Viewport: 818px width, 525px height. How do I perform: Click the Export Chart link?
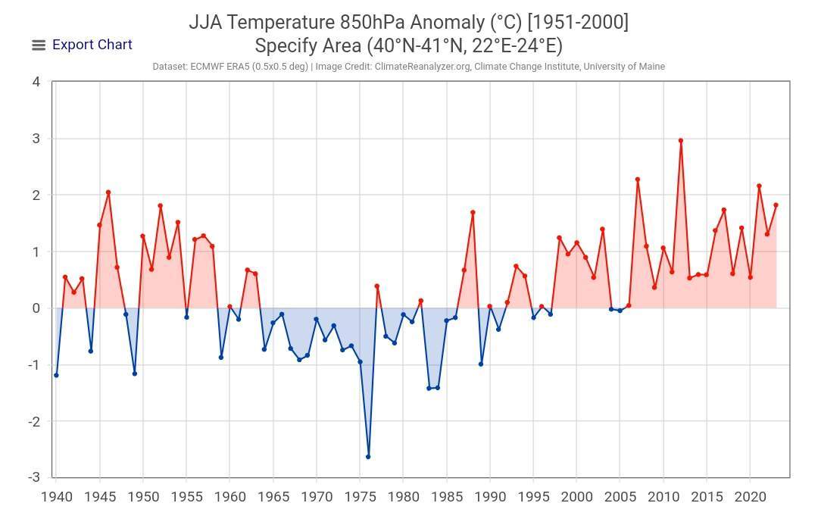click(92, 45)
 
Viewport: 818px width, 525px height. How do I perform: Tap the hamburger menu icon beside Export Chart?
click(39, 45)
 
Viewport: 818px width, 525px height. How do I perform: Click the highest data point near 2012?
click(681, 140)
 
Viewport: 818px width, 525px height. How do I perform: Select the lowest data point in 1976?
click(368, 457)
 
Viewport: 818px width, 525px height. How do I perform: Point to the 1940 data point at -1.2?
click(56, 375)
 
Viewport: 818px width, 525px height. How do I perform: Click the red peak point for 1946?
click(108, 192)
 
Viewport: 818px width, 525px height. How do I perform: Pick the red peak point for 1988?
click(473, 212)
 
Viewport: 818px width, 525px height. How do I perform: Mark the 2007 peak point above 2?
click(638, 180)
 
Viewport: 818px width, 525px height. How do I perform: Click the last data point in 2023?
click(776, 205)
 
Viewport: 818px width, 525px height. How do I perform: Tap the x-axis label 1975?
click(359, 497)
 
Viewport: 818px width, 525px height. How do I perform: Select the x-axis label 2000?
click(576, 497)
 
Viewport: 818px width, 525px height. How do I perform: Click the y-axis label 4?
click(36, 82)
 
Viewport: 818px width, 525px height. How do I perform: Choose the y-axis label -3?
click(34, 477)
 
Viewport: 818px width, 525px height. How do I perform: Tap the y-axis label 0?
click(36, 308)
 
